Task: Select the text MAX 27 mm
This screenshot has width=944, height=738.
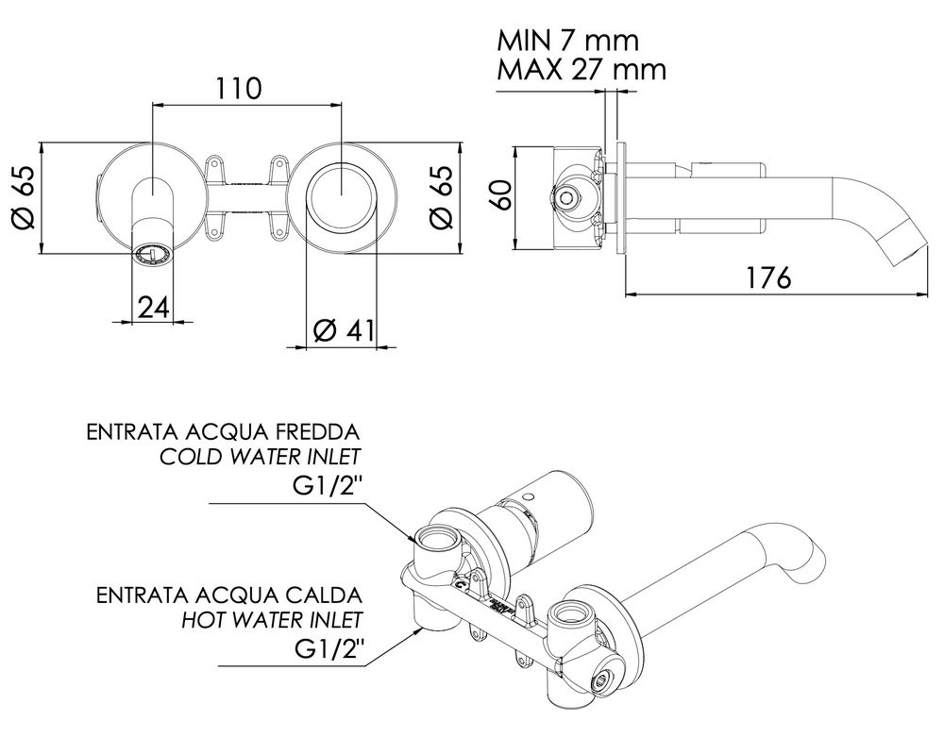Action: (582, 70)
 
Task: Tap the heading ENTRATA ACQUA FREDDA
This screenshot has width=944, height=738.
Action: (223, 433)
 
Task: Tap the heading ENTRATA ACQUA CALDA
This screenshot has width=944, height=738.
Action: (229, 595)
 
